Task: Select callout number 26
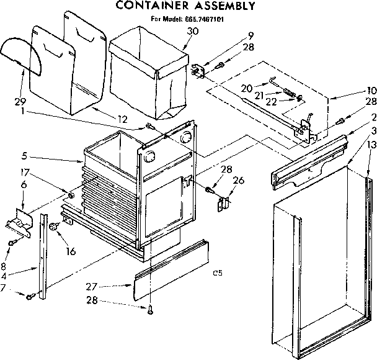238,181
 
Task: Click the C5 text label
217,272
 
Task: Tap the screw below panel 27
150,310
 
